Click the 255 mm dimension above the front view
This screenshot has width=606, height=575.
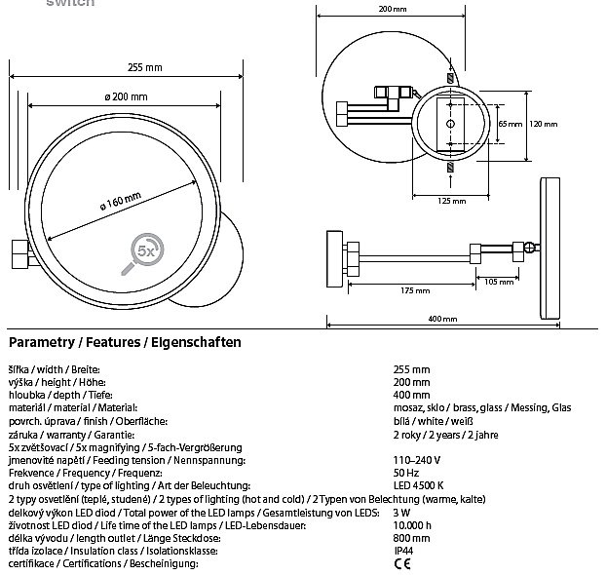(144, 67)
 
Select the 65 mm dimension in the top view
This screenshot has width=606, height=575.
(503, 125)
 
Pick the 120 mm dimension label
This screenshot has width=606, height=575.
(544, 125)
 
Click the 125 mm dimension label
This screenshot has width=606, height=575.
(452, 201)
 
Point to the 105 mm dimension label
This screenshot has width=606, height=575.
(498, 282)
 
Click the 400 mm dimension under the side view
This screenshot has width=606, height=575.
(441, 319)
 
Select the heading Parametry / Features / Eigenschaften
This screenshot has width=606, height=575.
(124, 343)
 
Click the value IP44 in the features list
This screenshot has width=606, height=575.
(403, 551)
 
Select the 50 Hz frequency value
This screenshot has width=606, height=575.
(405, 471)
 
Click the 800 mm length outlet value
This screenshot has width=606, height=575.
(409, 537)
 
